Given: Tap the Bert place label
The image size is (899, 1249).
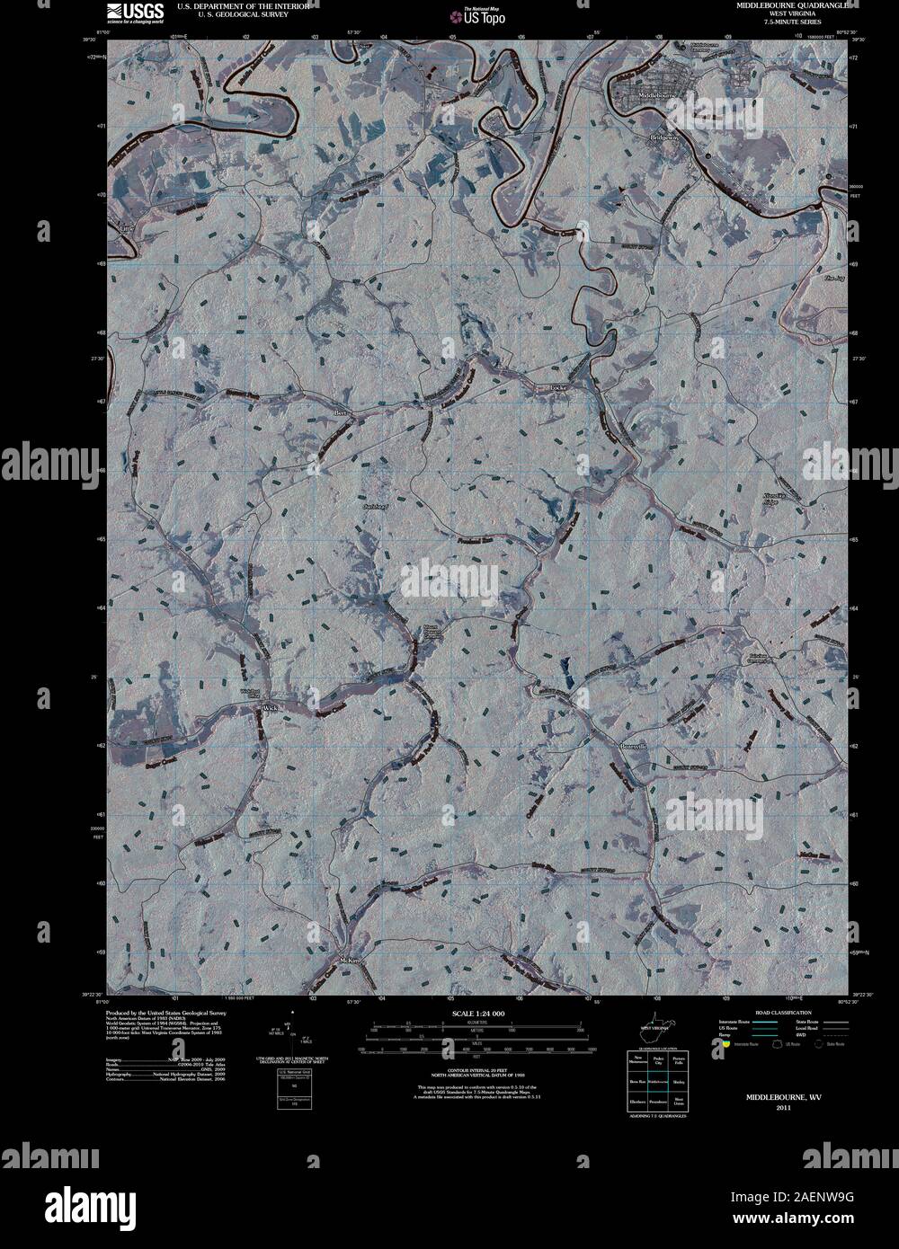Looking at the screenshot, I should click(x=341, y=412).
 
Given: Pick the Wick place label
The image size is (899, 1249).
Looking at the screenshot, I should click(x=271, y=708).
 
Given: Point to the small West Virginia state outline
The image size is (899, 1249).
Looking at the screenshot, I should click(x=655, y=1025).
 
